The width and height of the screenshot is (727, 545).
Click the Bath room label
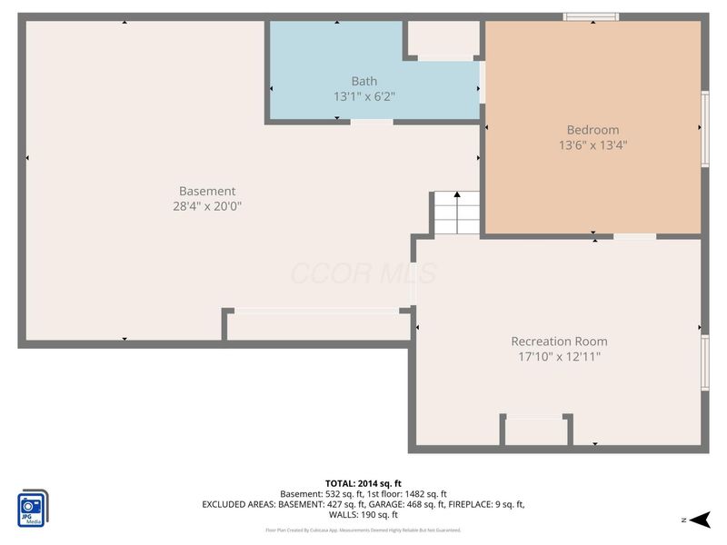pos(363,82)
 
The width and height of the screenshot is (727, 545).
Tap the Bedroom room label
pos(593,130)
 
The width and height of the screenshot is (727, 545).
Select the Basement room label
pos(207,191)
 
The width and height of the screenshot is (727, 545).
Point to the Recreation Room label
pos(558,342)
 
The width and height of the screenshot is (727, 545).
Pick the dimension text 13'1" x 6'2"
pos(363,96)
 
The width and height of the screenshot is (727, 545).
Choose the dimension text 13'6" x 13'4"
pos(593,144)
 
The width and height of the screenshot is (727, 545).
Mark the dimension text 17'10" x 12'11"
pos(558,357)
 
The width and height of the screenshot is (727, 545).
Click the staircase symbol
pos(457,213)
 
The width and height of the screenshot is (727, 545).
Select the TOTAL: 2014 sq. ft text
pos(363,483)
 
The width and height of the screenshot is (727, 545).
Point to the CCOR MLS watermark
pos(363,272)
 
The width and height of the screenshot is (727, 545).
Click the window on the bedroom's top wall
pos(591,16)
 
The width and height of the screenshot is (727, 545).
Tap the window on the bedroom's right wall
pos(705,129)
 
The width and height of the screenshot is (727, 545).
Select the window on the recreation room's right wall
pos(705,362)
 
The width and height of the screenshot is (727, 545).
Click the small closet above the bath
pos(443,38)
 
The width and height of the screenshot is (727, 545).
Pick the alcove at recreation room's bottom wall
pos(536,431)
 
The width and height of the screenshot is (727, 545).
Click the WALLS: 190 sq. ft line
pos(363,514)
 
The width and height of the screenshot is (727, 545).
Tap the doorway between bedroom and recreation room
pos(634,237)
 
